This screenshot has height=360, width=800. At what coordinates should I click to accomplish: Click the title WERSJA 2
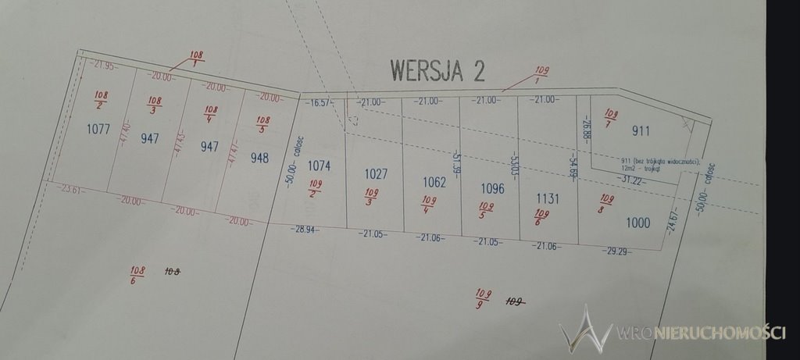point(437,70)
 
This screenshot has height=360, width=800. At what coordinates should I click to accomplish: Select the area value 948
point(259,158)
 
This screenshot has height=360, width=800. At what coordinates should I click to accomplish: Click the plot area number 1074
point(320,166)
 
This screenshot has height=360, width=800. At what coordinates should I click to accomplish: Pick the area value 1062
point(434,182)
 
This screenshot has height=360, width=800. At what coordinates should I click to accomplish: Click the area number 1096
point(493,189)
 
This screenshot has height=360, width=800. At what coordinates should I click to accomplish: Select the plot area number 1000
point(637,223)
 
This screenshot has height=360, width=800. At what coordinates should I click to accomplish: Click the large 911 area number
point(641,131)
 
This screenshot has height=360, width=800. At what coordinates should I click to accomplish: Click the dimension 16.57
point(321,102)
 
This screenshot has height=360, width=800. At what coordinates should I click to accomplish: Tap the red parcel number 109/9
point(484,298)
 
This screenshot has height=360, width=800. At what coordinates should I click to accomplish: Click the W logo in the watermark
point(585,329)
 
